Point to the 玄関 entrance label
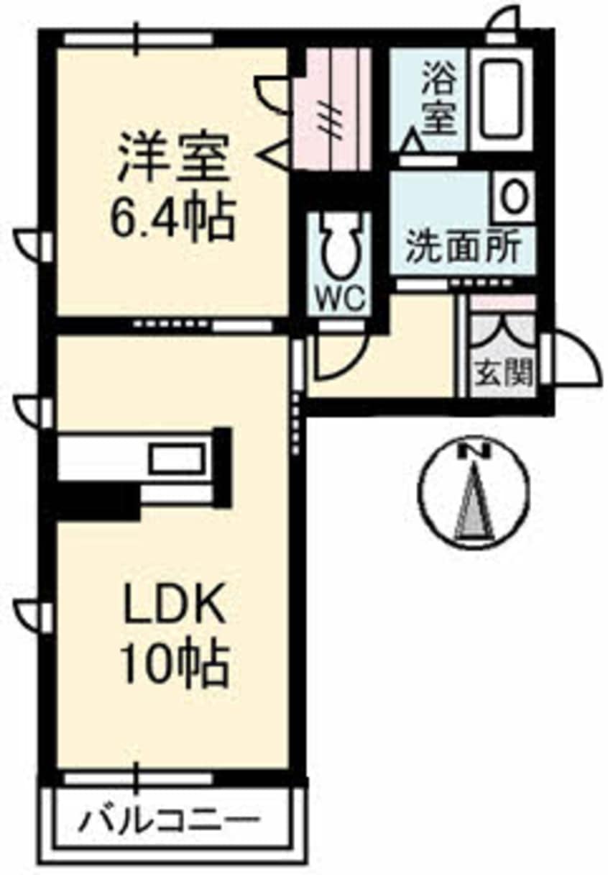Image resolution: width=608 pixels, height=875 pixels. click(x=503, y=372)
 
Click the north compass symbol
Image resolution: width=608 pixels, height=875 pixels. click(x=474, y=493)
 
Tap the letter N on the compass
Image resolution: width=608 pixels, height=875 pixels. click(x=474, y=452)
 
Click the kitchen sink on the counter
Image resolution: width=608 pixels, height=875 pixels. click(x=176, y=458)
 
